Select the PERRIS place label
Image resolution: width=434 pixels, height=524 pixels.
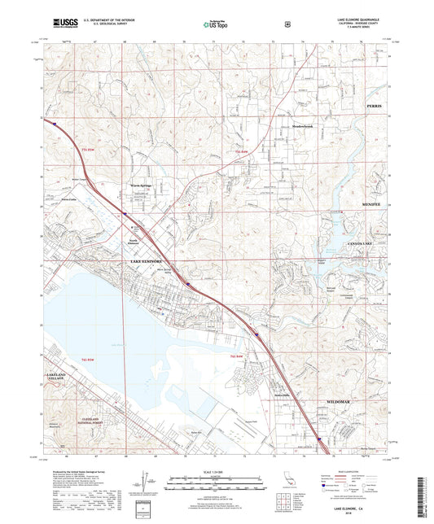click(x=374, y=107)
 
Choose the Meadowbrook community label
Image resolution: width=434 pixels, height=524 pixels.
click(x=303, y=126)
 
